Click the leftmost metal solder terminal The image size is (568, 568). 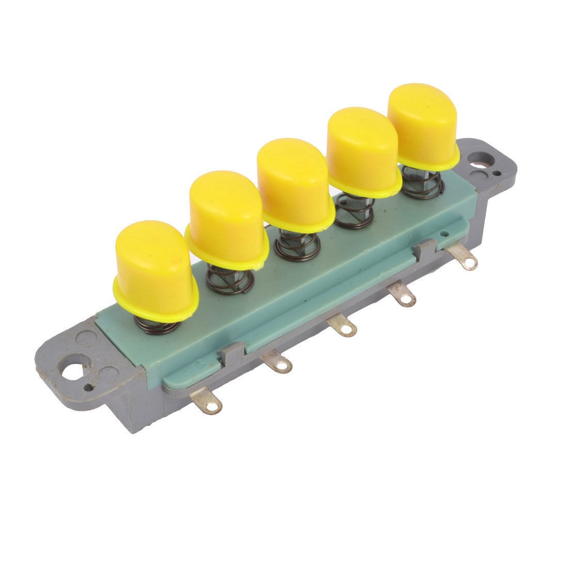210,403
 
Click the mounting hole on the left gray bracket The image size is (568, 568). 72,371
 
